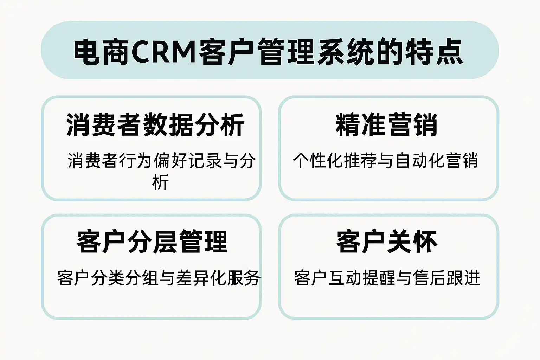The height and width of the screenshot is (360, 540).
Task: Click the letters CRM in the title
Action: pyautogui.click(x=164, y=52)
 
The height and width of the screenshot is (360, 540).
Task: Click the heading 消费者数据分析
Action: pyautogui.click(x=155, y=125)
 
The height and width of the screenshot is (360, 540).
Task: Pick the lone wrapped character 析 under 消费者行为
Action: pyautogui.click(x=160, y=182)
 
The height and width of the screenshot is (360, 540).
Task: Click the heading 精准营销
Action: pyautogui.click(x=387, y=125)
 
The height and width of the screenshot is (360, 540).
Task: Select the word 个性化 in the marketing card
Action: pyautogui.click(x=318, y=161)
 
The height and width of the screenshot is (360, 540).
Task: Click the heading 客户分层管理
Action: pyautogui.click(x=152, y=242)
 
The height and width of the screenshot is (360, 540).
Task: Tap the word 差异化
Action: pyautogui.click(x=201, y=278)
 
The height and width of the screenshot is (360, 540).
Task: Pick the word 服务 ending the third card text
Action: pyautogui.click(x=244, y=278)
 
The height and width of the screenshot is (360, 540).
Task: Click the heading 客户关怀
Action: pyautogui.click(x=387, y=242)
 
